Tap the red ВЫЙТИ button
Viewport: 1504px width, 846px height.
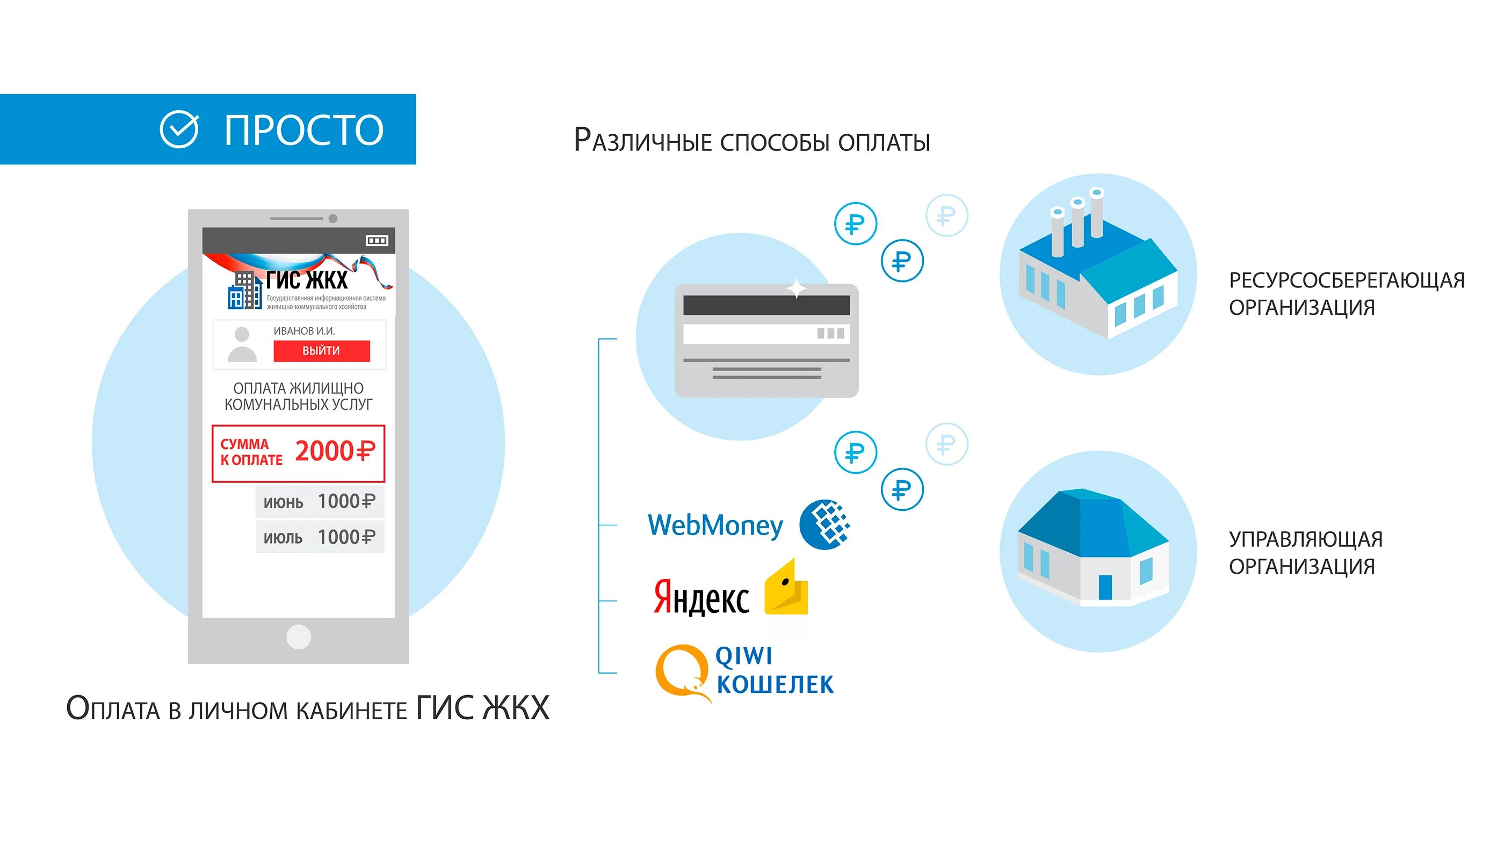pos(322,351)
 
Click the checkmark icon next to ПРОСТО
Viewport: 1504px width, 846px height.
pos(179,129)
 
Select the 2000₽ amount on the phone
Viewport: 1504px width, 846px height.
pos(335,451)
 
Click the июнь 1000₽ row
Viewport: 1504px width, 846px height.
pos(320,502)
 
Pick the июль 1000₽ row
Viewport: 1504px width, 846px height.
pos(320,537)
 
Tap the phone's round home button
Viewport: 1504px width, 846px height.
pos(298,637)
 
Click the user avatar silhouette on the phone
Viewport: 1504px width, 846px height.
pos(242,344)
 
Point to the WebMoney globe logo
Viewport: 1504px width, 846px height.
pos(825,524)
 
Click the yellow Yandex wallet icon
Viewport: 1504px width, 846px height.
pos(787,590)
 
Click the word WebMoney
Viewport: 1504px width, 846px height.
pos(715,525)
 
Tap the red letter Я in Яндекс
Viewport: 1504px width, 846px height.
pos(663,596)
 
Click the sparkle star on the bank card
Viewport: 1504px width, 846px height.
pos(797,288)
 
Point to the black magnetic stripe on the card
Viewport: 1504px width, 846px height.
pos(766,305)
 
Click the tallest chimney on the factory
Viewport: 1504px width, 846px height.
pos(1096,213)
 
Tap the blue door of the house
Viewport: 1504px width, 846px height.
pos(1105,587)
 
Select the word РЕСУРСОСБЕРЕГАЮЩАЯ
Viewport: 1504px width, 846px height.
pos(1347,281)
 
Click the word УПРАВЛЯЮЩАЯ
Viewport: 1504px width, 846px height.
pos(1305,539)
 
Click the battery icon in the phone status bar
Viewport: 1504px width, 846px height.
pos(377,241)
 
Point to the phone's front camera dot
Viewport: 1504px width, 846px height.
pos(333,219)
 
